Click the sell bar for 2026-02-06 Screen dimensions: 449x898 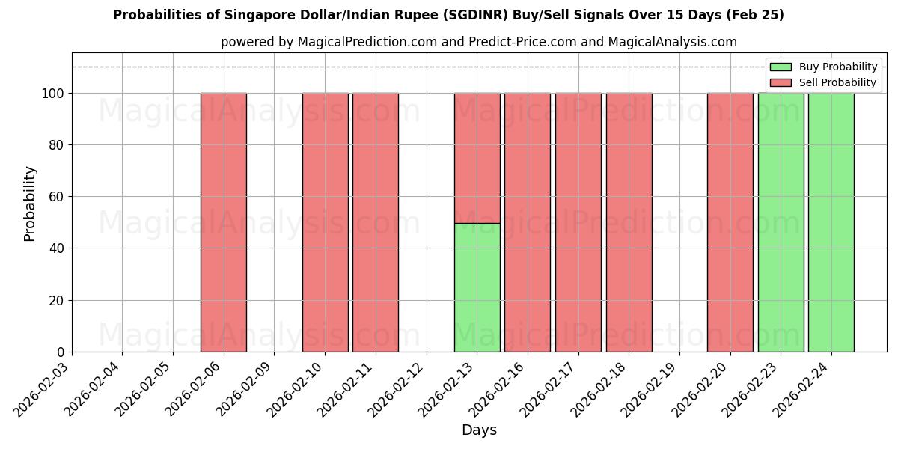point(224,222)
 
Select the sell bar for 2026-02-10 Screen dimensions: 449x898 point(325,222)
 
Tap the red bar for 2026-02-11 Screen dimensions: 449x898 point(376,222)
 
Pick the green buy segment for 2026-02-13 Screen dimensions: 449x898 point(477,287)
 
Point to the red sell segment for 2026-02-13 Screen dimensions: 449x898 point(477,158)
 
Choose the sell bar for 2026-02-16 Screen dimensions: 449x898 point(528,222)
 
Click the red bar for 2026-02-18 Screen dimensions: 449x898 point(629,222)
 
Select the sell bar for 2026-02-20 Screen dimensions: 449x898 point(730,222)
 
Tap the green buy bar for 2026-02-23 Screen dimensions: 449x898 point(781,222)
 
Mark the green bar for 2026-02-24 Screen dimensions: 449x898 point(831,222)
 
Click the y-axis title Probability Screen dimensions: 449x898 point(30,203)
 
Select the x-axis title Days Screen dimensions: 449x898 point(479,430)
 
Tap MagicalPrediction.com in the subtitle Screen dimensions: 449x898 point(367,42)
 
